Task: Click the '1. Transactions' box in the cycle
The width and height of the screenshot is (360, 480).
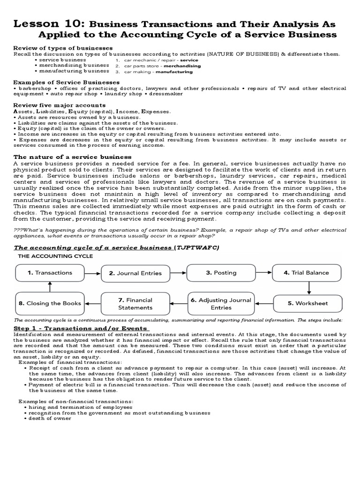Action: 50,273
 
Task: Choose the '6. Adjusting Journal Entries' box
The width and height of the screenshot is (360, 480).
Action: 221,304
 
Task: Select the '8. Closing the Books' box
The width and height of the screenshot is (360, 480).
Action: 50,303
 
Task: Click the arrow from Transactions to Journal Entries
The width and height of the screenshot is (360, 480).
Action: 93,273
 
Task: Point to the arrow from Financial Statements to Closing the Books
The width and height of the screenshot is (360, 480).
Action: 93,303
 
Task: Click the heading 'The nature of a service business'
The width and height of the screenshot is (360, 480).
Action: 72,157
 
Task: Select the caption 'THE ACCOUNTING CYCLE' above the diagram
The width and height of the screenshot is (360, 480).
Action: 55,256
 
